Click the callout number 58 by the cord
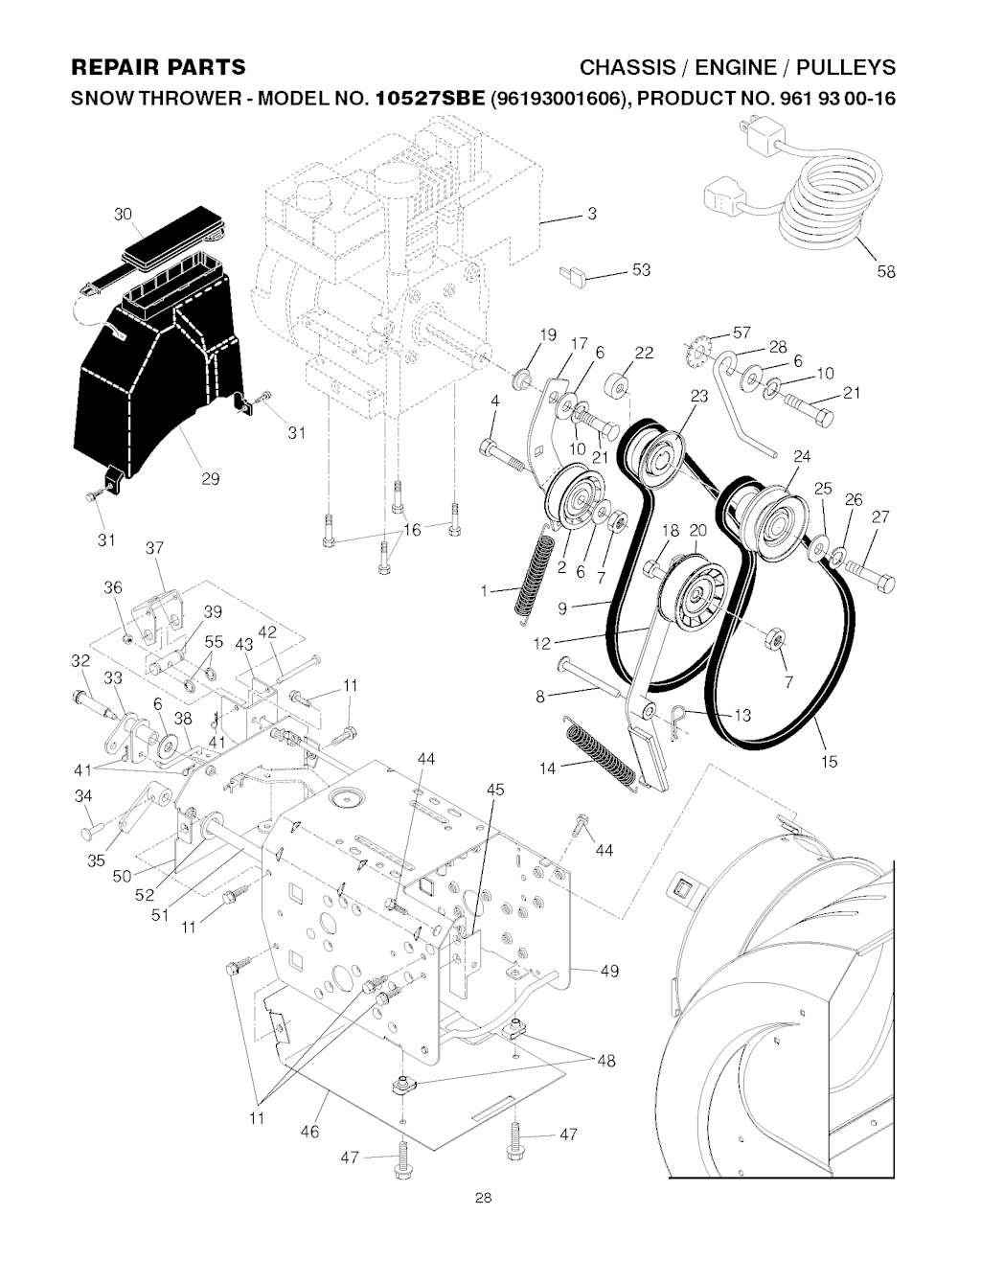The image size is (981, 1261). click(885, 272)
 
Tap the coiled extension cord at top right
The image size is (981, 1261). click(826, 203)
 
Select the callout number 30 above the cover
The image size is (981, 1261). click(122, 215)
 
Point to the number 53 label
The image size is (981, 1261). click(640, 271)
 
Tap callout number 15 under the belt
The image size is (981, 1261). click(829, 762)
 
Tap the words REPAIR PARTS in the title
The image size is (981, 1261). click(159, 67)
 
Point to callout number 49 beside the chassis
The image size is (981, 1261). click(610, 972)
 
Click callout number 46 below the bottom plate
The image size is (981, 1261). click(308, 1132)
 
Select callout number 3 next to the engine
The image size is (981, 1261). click(592, 214)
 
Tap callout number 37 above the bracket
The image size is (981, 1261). click(154, 549)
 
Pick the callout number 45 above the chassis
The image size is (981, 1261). click(494, 791)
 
